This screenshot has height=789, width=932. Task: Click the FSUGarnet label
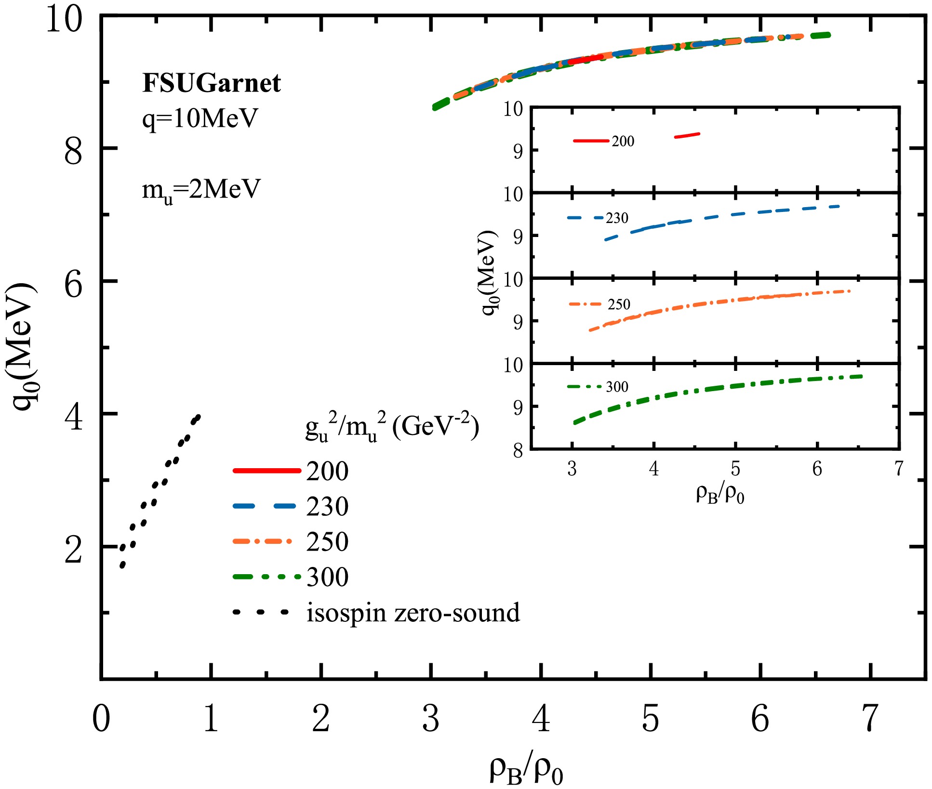tap(211, 83)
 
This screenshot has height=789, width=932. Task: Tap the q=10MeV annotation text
tap(200, 118)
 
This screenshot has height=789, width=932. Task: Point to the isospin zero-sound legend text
tap(413, 613)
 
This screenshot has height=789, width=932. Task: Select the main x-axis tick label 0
tap(101, 719)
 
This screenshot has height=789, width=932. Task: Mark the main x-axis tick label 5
tap(651, 719)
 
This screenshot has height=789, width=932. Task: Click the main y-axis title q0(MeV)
tap(24, 347)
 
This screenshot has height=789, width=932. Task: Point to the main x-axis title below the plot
tap(526, 770)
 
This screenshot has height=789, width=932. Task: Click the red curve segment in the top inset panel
tap(687, 135)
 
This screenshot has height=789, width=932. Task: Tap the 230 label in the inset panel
tap(617, 218)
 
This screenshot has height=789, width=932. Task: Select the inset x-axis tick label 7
tap(898, 469)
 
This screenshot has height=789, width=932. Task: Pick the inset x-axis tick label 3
tap(572, 469)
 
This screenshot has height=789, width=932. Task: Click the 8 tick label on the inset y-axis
tap(518, 451)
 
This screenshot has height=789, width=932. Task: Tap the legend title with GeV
tap(392, 427)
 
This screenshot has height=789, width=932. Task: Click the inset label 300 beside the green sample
tap(617, 387)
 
